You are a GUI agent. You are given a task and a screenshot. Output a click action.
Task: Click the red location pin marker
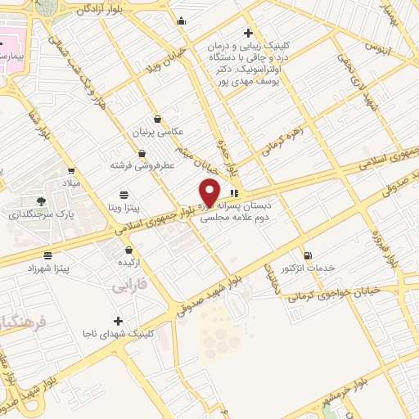click(x=209, y=191)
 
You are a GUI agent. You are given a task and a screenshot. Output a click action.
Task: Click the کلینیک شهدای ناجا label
click(x=119, y=334)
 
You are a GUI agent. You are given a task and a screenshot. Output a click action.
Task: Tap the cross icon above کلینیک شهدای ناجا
click(x=119, y=321)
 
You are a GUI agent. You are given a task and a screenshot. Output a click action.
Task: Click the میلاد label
click(x=73, y=183)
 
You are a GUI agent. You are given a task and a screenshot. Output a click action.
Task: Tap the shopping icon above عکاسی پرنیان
click(x=156, y=119)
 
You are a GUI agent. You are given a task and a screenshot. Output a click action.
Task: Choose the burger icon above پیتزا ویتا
click(x=123, y=195)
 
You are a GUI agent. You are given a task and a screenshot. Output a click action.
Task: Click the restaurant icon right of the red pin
click(x=236, y=192)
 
